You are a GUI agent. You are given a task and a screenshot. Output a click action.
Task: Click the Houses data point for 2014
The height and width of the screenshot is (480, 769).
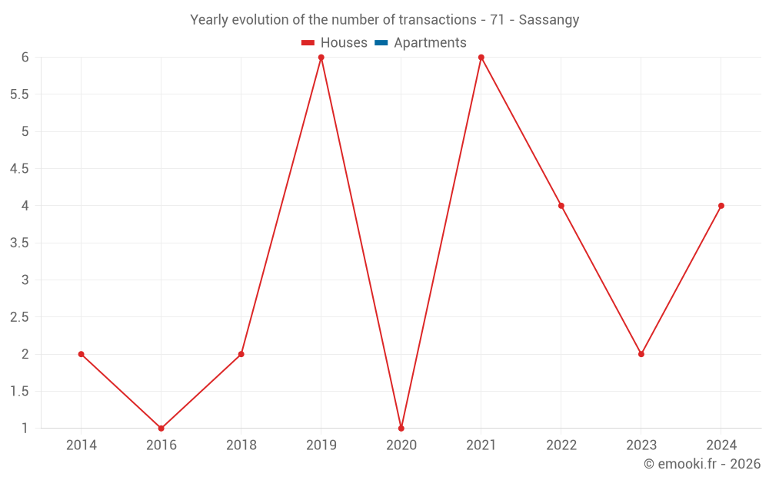(x=81, y=354)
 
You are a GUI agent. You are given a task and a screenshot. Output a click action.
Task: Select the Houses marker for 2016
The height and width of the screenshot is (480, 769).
(x=161, y=428)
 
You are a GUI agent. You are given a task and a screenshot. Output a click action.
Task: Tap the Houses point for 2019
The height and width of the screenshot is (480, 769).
(x=321, y=58)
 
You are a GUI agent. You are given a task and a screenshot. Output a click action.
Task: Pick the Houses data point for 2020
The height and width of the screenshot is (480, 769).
(x=401, y=428)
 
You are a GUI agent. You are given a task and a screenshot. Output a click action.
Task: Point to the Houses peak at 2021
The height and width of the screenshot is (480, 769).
(x=481, y=58)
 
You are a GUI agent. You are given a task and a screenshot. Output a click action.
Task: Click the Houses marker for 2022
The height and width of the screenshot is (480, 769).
(x=561, y=206)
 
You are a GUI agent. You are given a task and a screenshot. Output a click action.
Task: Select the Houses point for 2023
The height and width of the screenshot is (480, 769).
(x=641, y=354)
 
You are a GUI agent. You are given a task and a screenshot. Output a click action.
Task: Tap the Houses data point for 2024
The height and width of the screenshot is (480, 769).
(x=721, y=206)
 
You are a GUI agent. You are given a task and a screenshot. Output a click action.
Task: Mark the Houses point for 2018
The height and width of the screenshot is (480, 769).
(x=241, y=354)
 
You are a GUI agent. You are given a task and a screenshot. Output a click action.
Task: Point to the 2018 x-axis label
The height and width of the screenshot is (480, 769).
(x=241, y=445)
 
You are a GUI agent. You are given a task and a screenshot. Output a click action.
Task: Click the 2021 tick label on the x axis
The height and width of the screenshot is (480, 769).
(x=481, y=445)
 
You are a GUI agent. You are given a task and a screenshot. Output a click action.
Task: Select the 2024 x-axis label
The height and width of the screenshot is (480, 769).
(x=721, y=445)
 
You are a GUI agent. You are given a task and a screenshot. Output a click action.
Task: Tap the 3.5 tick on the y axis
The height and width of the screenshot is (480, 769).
(x=19, y=243)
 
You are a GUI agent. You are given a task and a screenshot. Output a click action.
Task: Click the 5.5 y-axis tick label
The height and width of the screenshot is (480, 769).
(x=19, y=94)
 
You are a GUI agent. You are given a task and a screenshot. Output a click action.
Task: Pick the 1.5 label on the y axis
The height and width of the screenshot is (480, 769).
(x=19, y=392)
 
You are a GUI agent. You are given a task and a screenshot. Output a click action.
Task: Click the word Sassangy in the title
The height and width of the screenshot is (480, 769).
(x=548, y=20)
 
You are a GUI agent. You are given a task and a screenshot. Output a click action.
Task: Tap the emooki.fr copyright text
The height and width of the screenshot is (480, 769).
(x=701, y=464)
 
